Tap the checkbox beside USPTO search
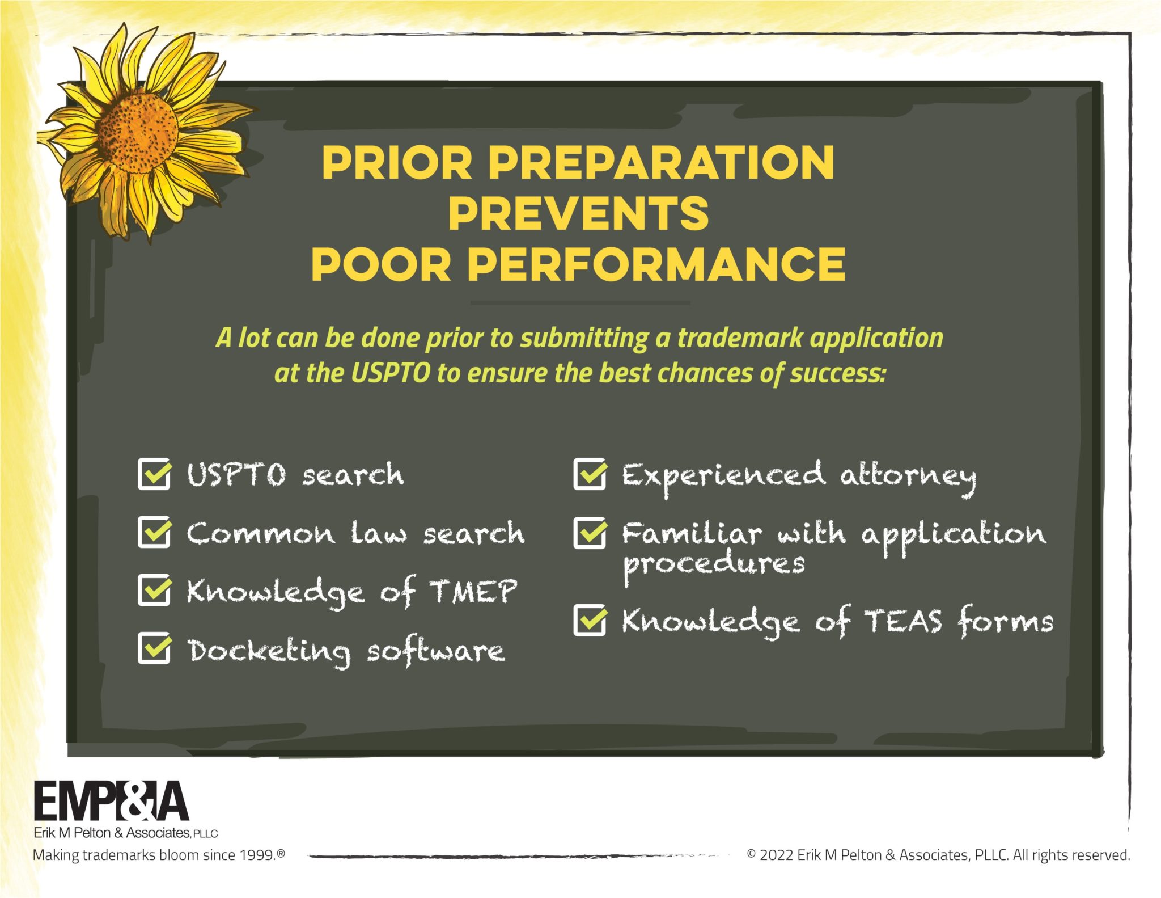[x=154, y=474]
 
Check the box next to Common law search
[x=154, y=532]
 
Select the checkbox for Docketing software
[x=154, y=648]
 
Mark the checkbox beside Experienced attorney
[x=590, y=474]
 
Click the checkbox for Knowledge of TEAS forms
[x=590, y=620]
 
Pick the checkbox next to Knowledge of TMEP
[x=154, y=590]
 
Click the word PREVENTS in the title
[x=578, y=213]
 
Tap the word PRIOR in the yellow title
[x=397, y=162]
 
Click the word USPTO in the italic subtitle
[x=391, y=373]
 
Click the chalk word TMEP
[x=473, y=591]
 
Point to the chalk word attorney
[x=907, y=477]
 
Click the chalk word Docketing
[x=269, y=651]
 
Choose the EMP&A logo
[x=111, y=801]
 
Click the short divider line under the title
[x=580, y=303]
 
